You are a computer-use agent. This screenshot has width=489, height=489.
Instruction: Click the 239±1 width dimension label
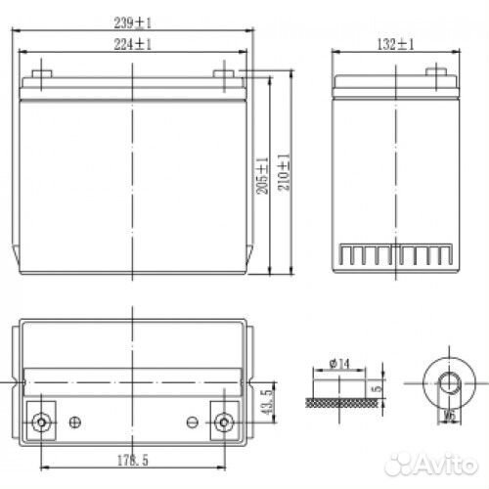click(133, 22)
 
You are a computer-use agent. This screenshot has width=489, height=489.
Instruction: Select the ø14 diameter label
click(339, 364)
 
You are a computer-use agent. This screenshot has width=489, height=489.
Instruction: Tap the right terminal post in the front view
click(225, 69)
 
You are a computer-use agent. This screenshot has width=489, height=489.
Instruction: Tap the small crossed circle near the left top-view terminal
click(76, 422)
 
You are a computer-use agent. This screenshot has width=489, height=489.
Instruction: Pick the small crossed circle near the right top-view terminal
click(191, 422)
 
